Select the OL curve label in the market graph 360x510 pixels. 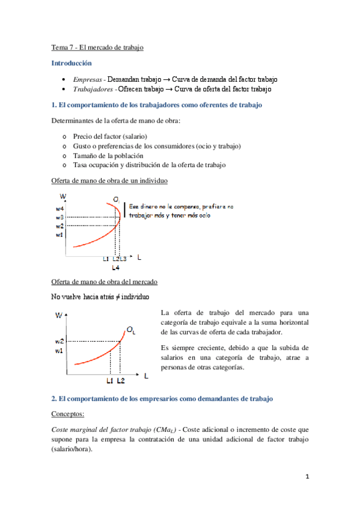(x=130, y=330)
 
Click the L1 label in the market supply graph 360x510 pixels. (x=109, y=381)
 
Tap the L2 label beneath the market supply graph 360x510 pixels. (x=121, y=381)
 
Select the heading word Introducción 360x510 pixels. (x=72, y=63)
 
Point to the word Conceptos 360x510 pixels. (x=67, y=414)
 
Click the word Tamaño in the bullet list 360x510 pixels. (x=86, y=155)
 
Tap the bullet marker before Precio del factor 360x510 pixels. (x=64, y=137)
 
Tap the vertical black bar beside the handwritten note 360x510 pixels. (x=125, y=210)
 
